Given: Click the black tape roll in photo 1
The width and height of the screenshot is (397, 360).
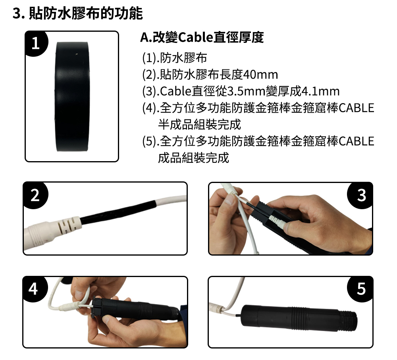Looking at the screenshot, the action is tap(72, 96).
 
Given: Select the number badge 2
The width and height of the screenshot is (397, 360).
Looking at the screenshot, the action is tap(35, 195).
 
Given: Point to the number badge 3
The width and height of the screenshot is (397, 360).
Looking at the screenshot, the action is tap(360, 195).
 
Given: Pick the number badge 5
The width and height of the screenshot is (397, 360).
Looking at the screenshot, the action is tap(360, 289).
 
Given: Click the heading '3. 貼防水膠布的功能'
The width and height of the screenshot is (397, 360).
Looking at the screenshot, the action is tap(78, 13).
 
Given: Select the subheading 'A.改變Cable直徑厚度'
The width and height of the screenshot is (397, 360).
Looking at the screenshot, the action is tap(202, 37).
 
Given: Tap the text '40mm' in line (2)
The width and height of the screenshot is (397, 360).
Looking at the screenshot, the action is tap(260, 75).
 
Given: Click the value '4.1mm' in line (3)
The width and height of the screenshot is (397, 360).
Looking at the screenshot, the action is tap(320, 91).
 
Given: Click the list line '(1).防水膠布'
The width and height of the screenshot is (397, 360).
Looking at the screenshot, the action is tap(175, 58).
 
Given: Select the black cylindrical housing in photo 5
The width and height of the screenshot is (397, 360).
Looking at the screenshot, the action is tap(299, 318).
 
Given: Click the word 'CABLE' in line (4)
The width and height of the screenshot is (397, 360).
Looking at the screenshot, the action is tap(357, 108).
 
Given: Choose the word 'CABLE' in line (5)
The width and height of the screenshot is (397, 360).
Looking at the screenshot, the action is tap(357, 141).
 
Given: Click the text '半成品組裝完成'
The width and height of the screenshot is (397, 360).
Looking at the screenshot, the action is tap(200, 125).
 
